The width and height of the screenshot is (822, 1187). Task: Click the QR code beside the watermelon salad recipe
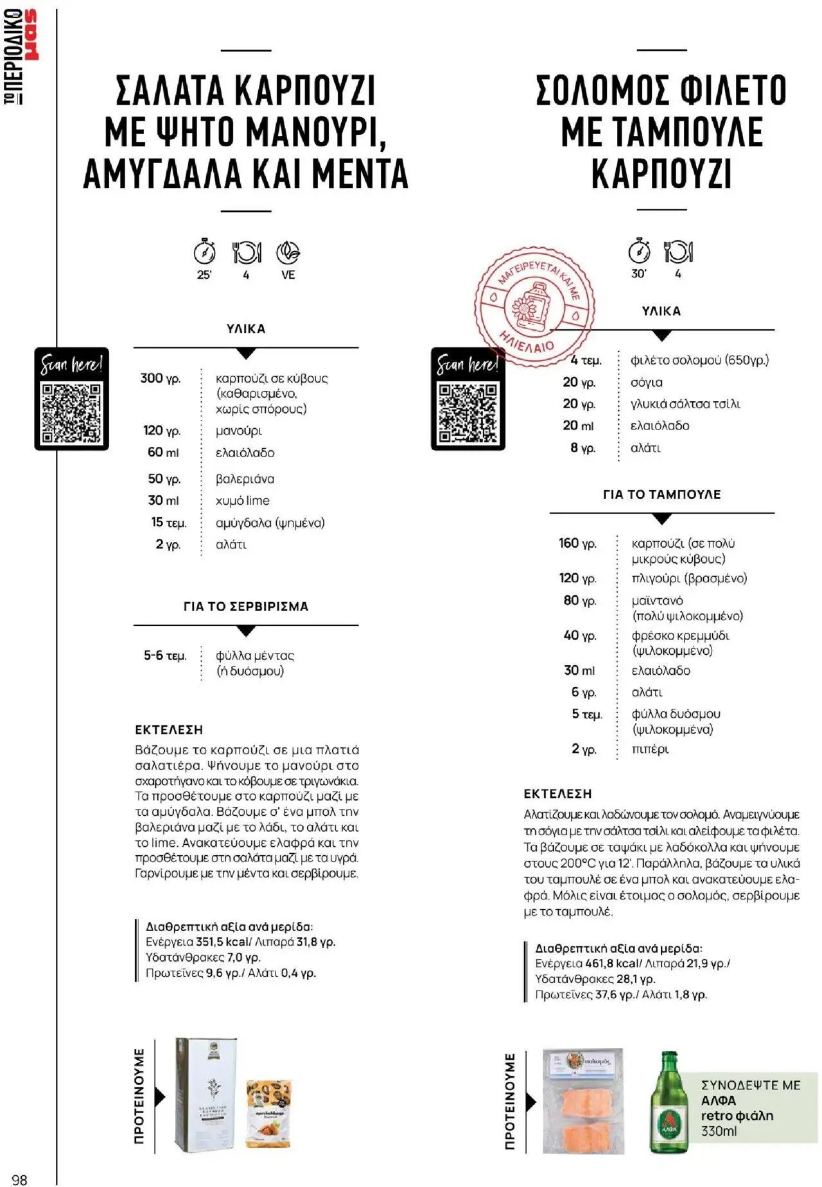coord(71,413)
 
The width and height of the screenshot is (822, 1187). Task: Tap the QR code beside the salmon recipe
coord(468,413)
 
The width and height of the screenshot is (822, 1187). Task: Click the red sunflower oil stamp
coord(534,307)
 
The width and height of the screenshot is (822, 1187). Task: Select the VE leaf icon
coord(288,253)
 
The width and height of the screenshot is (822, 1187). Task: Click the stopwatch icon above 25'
coord(204,252)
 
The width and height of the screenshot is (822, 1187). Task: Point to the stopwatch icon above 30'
coord(639,251)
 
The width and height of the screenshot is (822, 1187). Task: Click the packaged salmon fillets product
coord(583,1101)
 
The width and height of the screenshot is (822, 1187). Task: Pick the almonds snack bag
coord(268,1114)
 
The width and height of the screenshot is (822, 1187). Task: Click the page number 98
coord(19,1179)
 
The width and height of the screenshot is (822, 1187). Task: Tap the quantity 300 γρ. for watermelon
coord(161,378)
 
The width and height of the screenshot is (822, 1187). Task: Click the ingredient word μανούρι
coord(239,431)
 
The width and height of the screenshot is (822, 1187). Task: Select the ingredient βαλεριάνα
coord(245,479)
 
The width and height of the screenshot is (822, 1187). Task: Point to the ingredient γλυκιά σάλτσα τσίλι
coord(685,404)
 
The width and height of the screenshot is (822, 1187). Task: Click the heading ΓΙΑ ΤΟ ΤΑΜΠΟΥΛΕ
coord(661,494)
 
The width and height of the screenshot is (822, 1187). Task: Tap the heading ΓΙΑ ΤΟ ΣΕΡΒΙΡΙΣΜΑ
coord(246,606)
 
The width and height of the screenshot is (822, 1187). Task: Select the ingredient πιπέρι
coord(650,749)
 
